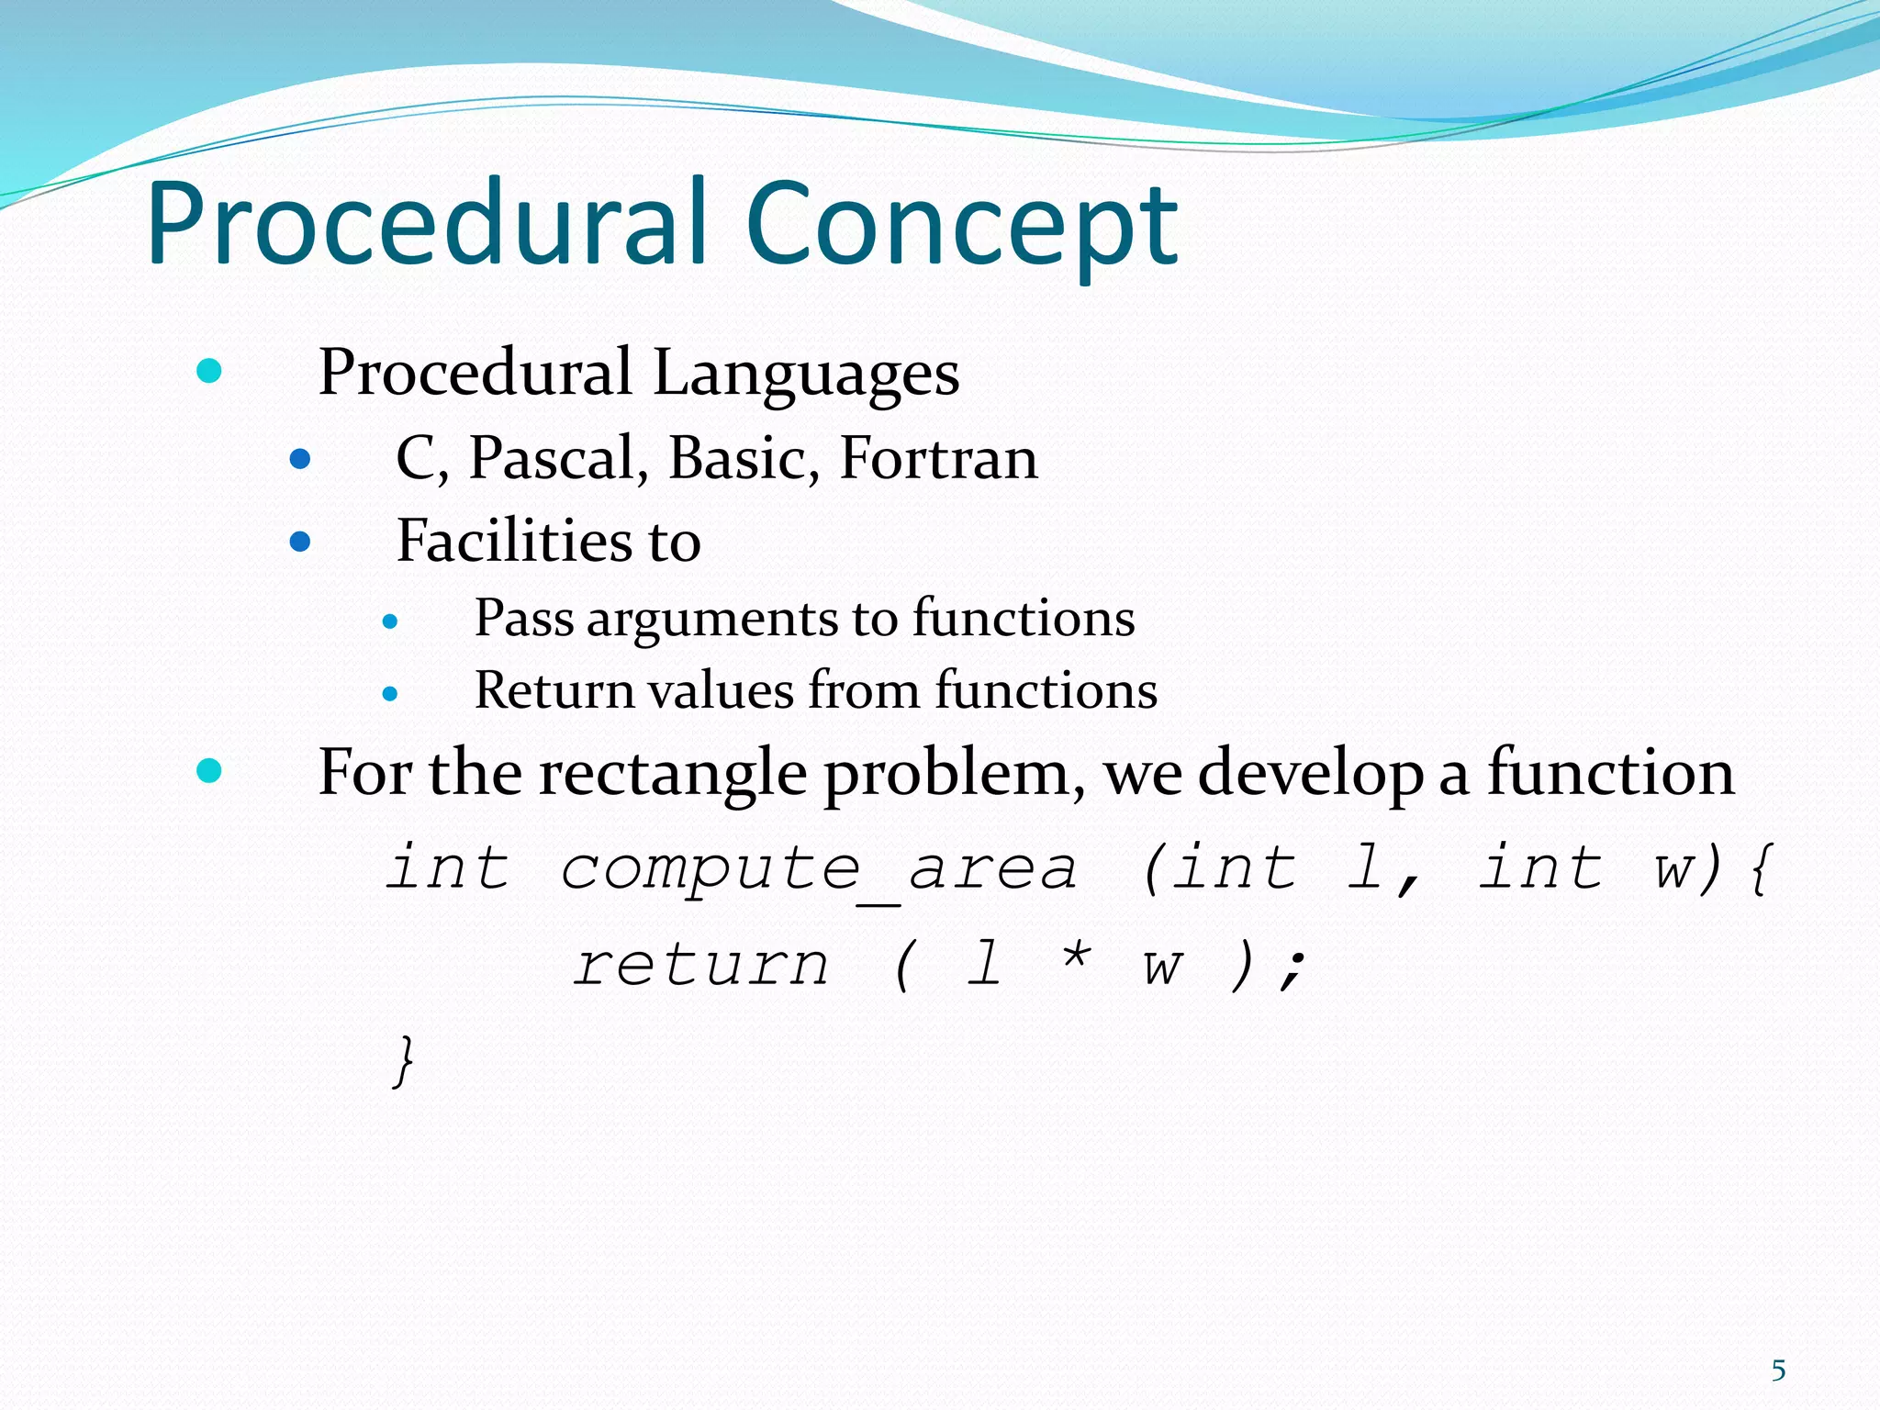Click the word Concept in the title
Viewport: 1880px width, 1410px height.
[961, 225]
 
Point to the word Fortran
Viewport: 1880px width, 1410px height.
[938, 458]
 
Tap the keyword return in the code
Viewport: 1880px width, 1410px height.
[701, 966]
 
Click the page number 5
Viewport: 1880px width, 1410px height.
[1778, 1371]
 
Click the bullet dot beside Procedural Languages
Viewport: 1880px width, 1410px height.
[209, 372]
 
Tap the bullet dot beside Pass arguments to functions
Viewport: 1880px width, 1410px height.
[390, 622]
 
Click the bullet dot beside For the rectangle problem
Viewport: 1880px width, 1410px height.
[209, 770]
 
